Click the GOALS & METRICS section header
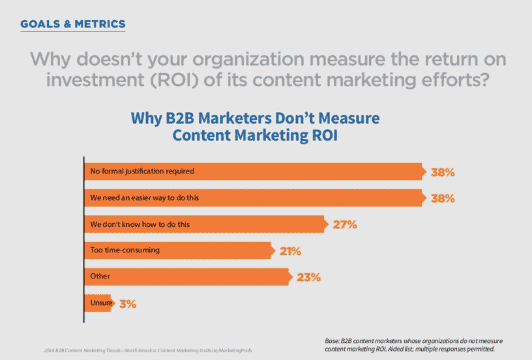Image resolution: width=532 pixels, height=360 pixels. tap(72, 24)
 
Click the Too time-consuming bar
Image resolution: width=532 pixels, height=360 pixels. tap(177, 250)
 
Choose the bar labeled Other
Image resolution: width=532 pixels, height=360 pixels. tap(186, 277)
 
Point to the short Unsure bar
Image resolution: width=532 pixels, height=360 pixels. tap(97, 303)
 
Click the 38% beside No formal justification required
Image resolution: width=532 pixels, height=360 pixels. tap(442, 172)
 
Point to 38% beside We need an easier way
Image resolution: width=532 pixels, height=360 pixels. tap(442, 198)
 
